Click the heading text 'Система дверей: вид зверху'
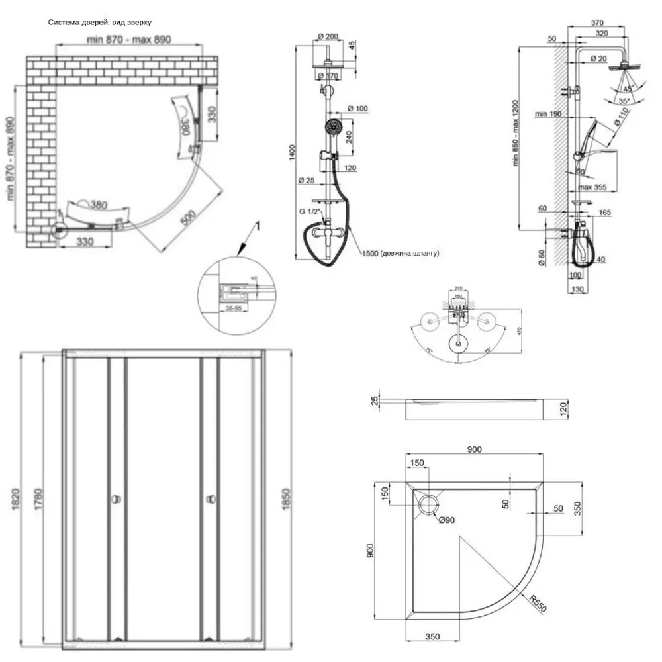point(100,23)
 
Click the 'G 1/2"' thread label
point(310,211)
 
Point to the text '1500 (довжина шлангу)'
point(401,253)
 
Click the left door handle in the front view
point(117,498)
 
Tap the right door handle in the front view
point(211,498)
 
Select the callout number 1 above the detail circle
point(259,226)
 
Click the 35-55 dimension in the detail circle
point(232,308)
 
